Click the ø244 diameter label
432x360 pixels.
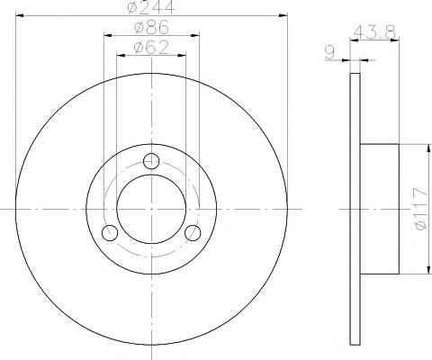[x=150, y=6]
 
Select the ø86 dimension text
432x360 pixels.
[x=152, y=27]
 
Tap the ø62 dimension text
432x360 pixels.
[x=151, y=47]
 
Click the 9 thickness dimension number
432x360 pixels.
[x=329, y=53]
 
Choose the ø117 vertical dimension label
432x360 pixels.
[x=419, y=209]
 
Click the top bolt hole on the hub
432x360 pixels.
[x=151, y=161]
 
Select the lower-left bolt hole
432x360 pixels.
[x=110, y=232]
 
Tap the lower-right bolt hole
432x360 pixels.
[x=193, y=232]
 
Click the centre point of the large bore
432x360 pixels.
[x=151, y=209]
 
